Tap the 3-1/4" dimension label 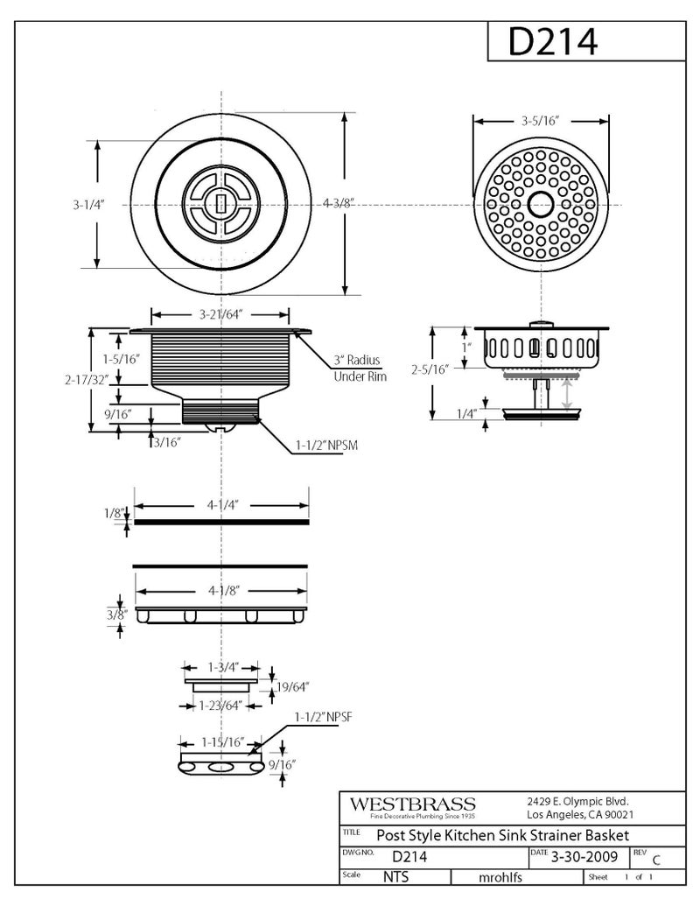pyautogui.click(x=88, y=204)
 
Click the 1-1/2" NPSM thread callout pyautogui.click(x=325, y=445)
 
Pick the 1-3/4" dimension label pyautogui.click(x=220, y=666)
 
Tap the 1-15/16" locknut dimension pyautogui.click(x=220, y=741)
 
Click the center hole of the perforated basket pyautogui.click(x=539, y=203)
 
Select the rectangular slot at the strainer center pyautogui.click(x=220, y=203)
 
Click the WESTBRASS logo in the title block pyautogui.click(x=412, y=804)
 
